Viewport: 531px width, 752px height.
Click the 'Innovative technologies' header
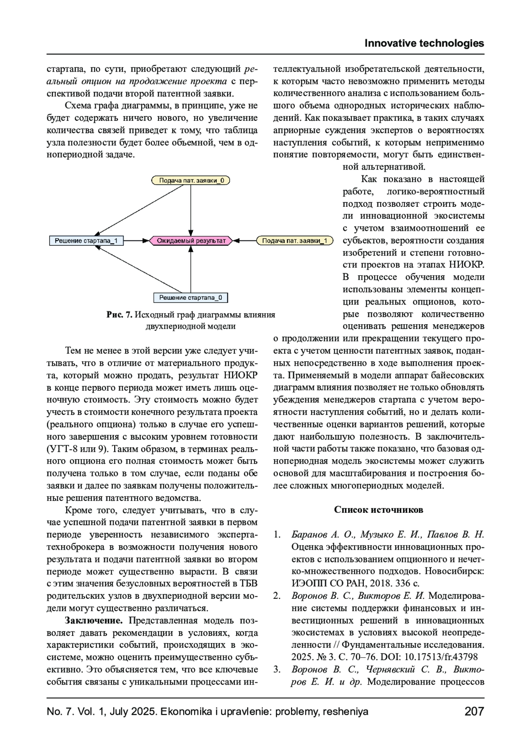[x=424, y=43]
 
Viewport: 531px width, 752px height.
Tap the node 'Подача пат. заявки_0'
[x=191, y=180]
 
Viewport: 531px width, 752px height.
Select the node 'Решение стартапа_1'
[x=86, y=240]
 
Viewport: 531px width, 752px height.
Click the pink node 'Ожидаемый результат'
[x=191, y=240]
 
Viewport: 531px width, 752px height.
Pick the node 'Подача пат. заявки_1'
[x=294, y=240]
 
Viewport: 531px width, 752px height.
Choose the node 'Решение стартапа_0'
[x=191, y=298]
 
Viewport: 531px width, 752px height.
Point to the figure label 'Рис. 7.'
[x=119, y=315]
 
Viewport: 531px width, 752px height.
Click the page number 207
[x=474, y=712]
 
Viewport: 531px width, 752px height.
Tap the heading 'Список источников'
[x=378, y=510]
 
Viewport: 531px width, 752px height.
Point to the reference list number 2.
[x=277, y=596]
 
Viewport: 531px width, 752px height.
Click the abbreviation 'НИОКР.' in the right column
[x=467, y=265]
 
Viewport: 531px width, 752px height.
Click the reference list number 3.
[x=277, y=669]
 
